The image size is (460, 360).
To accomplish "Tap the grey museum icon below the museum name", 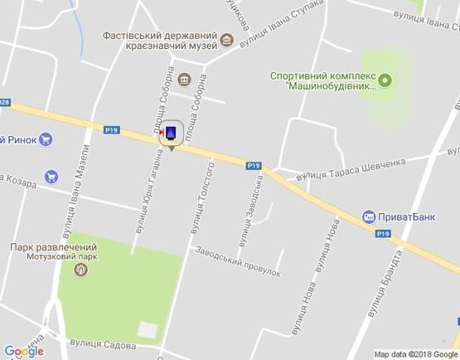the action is (x=183, y=81).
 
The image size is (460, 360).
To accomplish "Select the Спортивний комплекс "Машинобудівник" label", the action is (x=323, y=80).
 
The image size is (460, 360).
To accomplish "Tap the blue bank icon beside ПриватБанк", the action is (x=367, y=216).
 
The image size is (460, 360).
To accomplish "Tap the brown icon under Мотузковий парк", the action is (x=82, y=270).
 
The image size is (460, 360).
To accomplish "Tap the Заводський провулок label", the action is (x=239, y=261).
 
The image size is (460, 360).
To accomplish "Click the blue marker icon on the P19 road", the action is (x=170, y=134).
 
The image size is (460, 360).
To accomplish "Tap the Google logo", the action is (x=23, y=351).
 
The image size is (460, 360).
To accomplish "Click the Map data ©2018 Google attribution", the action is (x=414, y=353).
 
